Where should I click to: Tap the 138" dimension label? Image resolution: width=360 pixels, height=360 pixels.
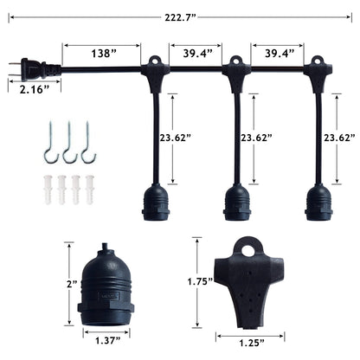click(104, 53)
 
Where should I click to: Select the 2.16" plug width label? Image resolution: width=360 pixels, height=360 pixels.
click(28, 87)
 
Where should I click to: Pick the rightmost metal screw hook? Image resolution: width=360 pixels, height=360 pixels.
click(87, 145)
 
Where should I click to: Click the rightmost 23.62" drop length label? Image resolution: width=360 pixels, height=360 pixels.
click(339, 137)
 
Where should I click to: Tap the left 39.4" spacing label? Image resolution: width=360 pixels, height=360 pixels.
click(195, 53)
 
